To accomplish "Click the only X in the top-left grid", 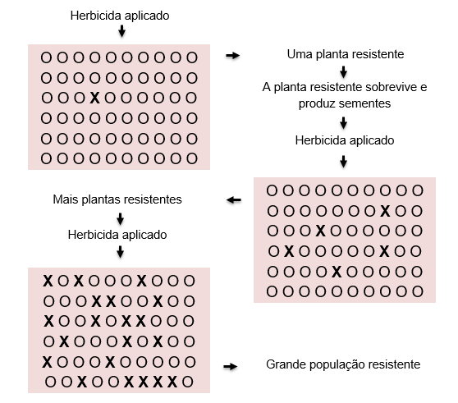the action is pyautogui.click(x=94, y=98).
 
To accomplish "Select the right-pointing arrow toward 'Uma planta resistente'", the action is pyautogui.click(x=232, y=55).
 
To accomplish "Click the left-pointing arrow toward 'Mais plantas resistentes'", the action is pyautogui.click(x=234, y=200).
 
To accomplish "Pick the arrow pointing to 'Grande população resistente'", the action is pyautogui.click(x=230, y=367).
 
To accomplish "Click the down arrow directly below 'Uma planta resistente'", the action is pyautogui.click(x=343, y=72).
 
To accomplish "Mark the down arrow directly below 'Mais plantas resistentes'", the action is pyautogui.click(x=120, y=218).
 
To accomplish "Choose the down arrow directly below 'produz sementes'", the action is pyautogui.click(x=343, y=123).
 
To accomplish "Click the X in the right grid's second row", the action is pyautogui.click(x=385, y=211).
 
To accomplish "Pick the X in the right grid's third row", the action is pyautogui.click(x=320, y=231).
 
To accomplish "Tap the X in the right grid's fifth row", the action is pyautogui.click(x=337, y=272).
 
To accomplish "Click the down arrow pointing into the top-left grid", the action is pyautogui.click(x=121, y=31).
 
